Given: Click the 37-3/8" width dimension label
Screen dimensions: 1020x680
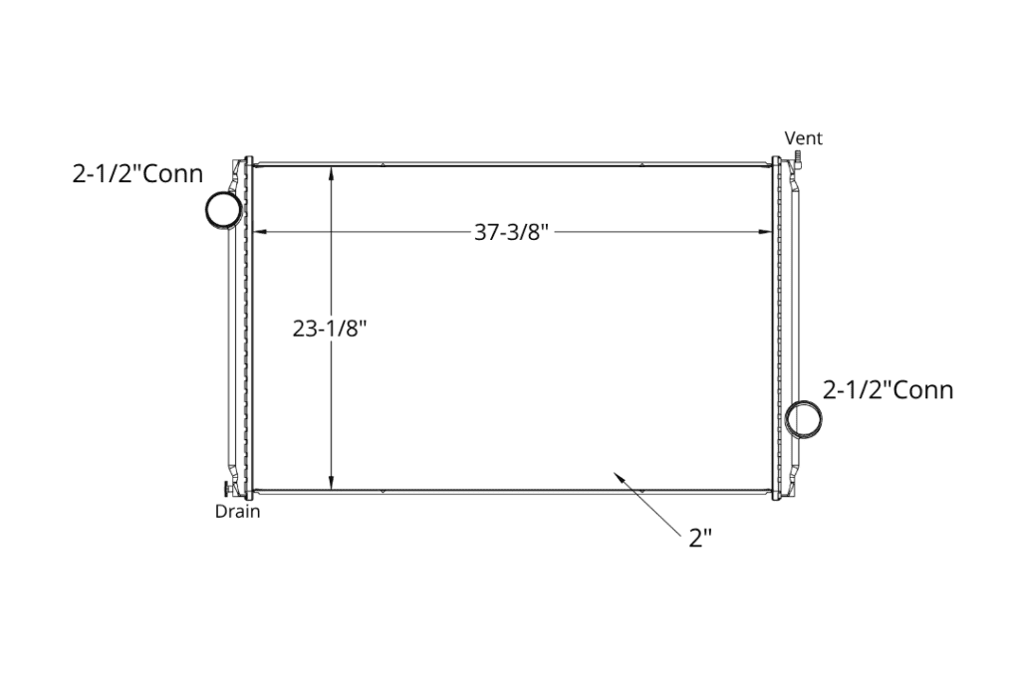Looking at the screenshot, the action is (x=511, y=232).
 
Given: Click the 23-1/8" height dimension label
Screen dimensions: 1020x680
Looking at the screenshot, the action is (x=330, y=329).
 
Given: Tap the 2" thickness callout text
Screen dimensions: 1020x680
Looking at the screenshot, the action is (x=700, y=539).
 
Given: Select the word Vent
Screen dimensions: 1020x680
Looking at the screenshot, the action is (x=804, y=138).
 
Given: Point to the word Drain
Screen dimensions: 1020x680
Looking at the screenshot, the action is (x=237, y=512).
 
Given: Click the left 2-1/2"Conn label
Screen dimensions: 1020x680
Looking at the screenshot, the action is (x=137, y=173).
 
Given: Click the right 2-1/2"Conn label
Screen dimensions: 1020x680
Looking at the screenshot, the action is (x=888, y=390).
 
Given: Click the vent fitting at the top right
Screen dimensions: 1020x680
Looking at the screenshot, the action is (x=797, y=158).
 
